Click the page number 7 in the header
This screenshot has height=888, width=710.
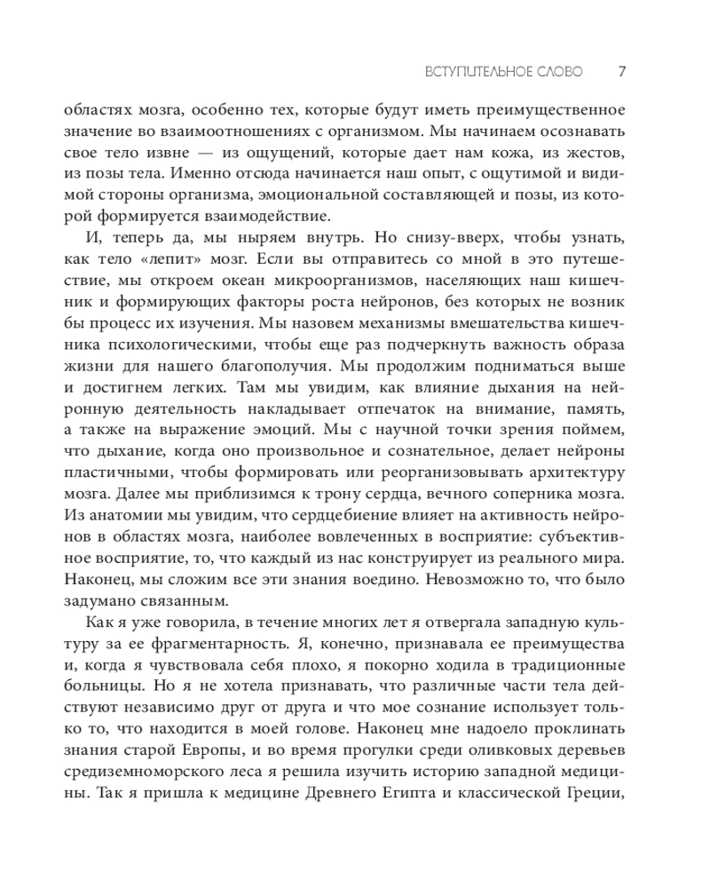622,71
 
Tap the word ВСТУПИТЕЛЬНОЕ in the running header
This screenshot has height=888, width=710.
475,71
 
